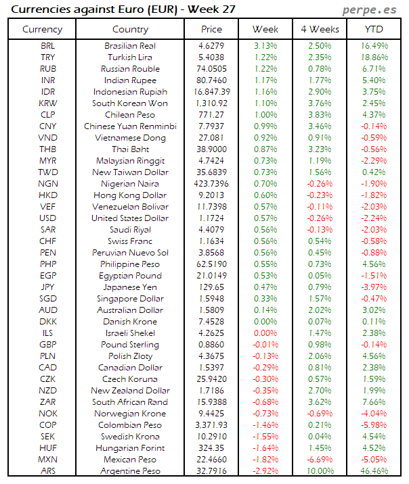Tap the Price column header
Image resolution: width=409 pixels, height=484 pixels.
point(211,29)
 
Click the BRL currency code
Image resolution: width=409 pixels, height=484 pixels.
point(47,45)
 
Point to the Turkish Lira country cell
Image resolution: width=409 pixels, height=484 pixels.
point(130,57)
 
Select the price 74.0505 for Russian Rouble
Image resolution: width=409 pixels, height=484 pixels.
point(211,68)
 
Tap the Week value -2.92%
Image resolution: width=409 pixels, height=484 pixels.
point(265,470)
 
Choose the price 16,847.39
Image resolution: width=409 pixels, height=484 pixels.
point(211,91)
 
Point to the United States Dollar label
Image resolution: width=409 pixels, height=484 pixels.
point(130,218)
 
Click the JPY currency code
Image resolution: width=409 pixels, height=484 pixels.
point(47,287)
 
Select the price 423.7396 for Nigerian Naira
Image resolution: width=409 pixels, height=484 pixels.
point(211,183)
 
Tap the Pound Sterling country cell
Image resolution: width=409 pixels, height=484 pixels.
point(130,344)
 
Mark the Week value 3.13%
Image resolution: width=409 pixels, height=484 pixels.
point(265,45)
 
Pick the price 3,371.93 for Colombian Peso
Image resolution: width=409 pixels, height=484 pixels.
point(211,425)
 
